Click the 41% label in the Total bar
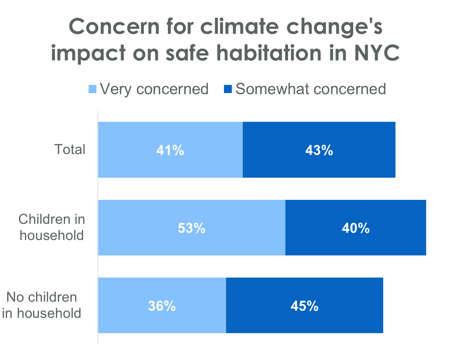click(170, 150)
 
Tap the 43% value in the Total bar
click(319, 150)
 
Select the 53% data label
click(192, 228)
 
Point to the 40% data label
click(356, 228)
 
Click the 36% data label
click(162, 306)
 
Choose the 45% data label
click(304, 306)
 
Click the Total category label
click(70, 149)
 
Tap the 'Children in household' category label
click(52, 227)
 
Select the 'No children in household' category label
click(42, 305)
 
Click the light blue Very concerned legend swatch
click(93, 89)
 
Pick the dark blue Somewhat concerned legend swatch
click(228, 89)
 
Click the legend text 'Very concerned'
click(154, 89)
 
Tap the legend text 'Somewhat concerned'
click(311, 89)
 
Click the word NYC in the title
click(377, 53)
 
